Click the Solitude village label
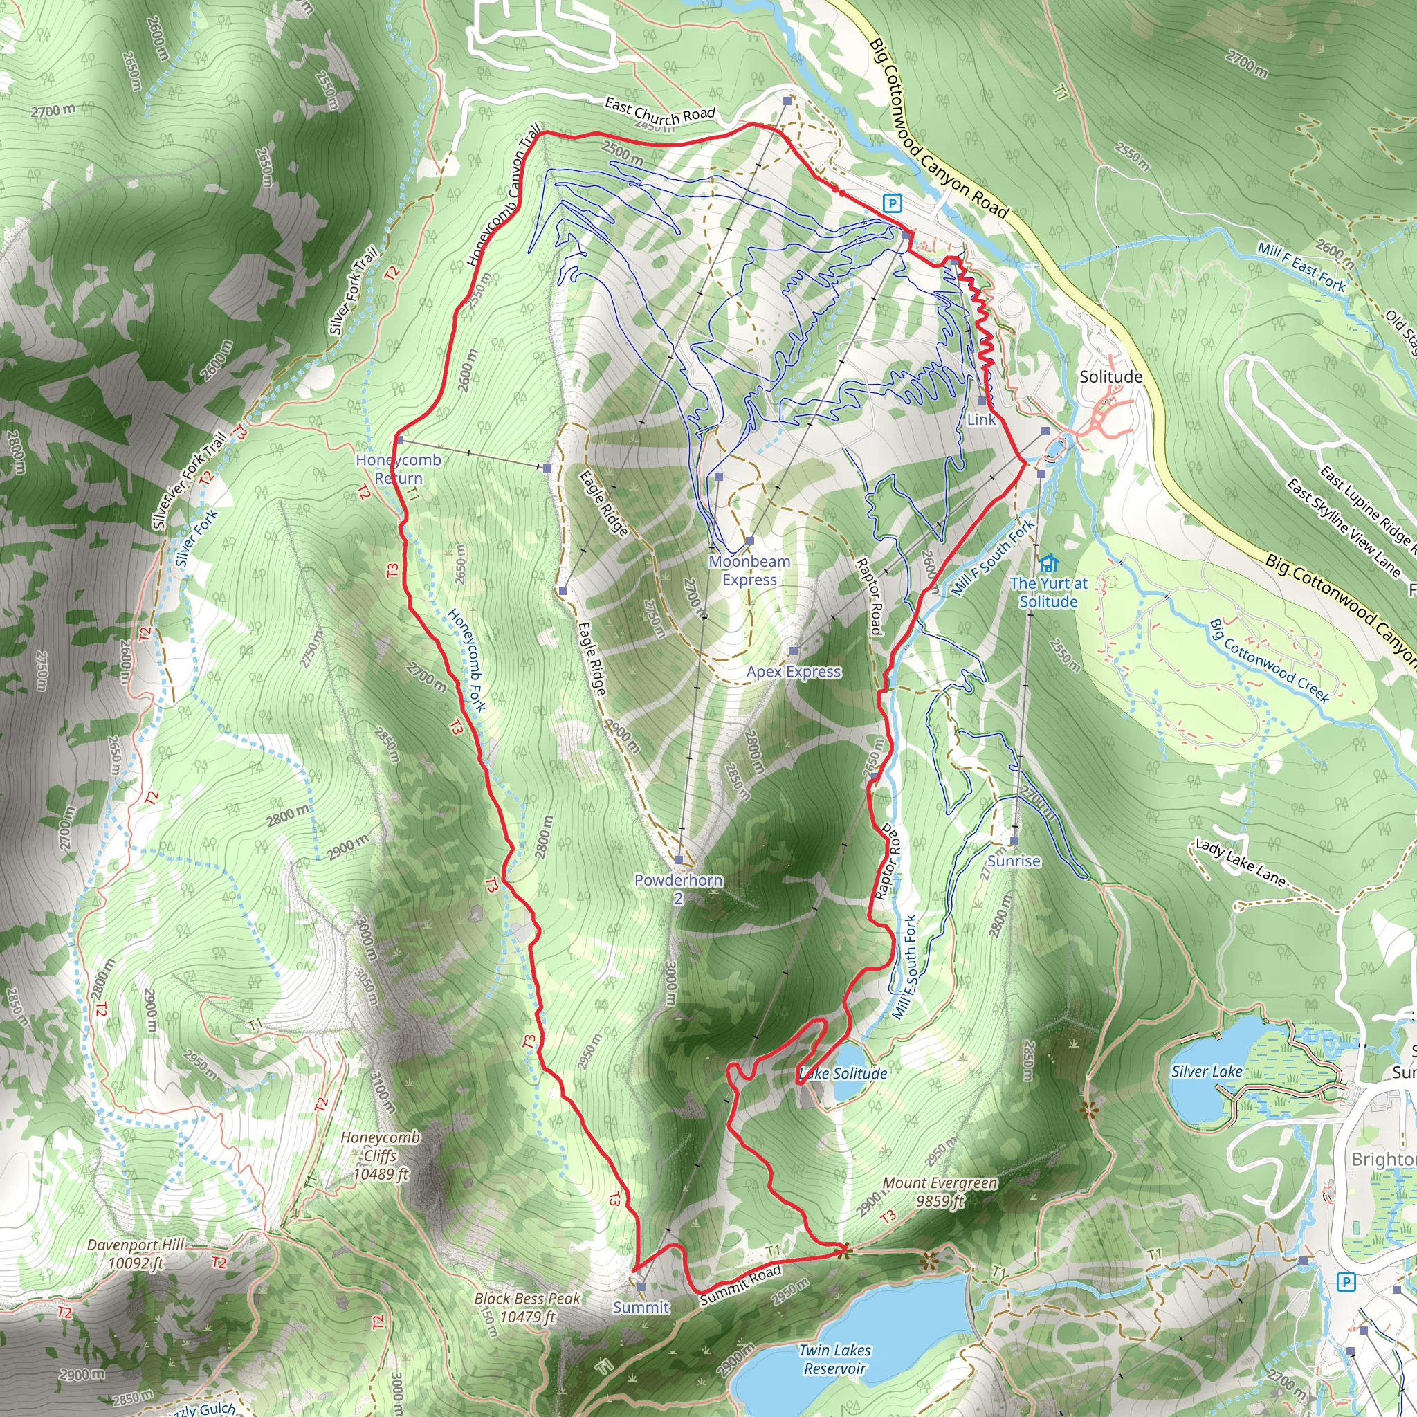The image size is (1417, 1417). [x=1110, y=377]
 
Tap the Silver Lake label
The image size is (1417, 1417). [x=1207, y=1072]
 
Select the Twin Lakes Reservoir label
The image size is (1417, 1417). [x=834, y=1359]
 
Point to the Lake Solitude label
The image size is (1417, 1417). [x=843, y=1074]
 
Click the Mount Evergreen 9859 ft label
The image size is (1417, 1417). [x=940, y=1192]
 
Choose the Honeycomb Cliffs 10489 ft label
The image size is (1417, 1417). [x=380, y=1155]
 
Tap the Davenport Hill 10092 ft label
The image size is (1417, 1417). [x=136, y=1254]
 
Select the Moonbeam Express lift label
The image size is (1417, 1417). [x=749, y=571]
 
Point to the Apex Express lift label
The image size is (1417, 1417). [x=794, y=672]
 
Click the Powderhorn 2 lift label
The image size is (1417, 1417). [x=679, y=889]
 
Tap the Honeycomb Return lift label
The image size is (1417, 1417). [x=399, y=468]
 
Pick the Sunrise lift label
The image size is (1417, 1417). [x=1014, y=861]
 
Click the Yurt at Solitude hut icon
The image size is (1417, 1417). [x=1049, y=563]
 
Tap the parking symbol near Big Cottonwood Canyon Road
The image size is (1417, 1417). [x=891, y=203]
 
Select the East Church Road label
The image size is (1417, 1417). [x=659, y=111]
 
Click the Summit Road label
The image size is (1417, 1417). [x=740, y=1284]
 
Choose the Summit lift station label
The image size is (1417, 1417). [x=641, y=1307]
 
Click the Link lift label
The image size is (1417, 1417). [x=981, y=419]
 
